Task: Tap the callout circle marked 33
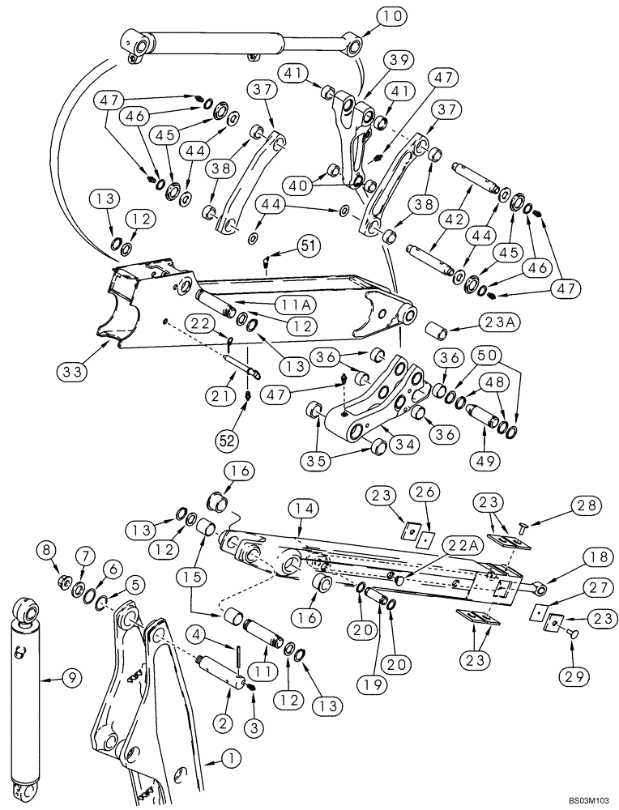click(71, 373)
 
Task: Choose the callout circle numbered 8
click(48, 551)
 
